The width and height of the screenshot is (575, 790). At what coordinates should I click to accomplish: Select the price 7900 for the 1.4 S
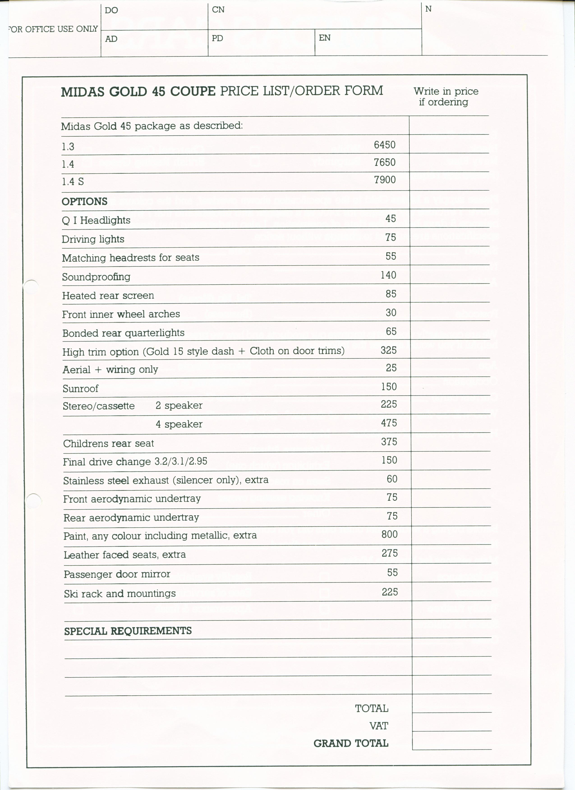[x=385, y=180]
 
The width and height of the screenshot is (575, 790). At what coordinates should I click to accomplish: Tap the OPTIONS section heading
[x=84, y=201]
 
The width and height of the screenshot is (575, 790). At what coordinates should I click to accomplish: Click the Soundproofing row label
[x=96, y=277]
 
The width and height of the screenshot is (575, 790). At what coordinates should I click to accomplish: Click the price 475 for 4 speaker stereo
[x=389, y=423]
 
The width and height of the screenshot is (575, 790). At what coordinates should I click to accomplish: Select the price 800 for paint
[x=389, y=534]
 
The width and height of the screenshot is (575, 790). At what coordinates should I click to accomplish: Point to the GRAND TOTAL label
[x=351, y=743]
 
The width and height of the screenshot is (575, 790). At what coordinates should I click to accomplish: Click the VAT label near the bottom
[x=378, y=726]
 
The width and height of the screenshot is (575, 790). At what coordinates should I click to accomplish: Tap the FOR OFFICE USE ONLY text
[x=53, y=29]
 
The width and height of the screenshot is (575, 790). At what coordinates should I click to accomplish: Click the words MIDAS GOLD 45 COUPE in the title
[x=138, y=92]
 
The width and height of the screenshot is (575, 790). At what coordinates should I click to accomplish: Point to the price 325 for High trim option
[x=389, y=350]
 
